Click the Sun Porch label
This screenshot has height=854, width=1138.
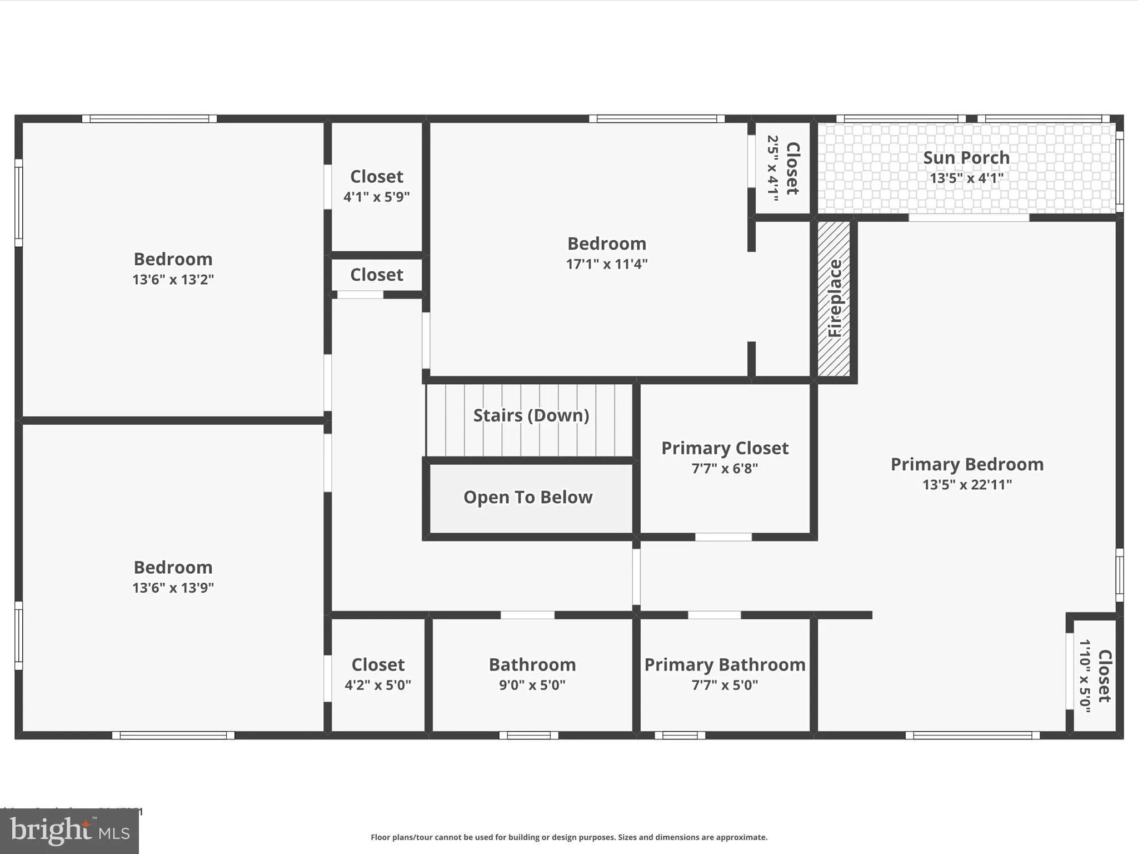(x=966, y=158)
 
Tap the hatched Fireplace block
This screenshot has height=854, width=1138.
(x=834, y=299)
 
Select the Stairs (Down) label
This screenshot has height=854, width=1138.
(x=531, y=415)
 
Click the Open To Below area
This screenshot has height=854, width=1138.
(x=528, y=497)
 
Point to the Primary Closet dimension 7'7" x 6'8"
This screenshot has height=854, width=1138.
(x=725, y=468)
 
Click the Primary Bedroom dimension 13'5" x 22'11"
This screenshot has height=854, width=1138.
(x=967, y=484)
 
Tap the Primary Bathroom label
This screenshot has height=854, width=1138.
(x=725, y=664)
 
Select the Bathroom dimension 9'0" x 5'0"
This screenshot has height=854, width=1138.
(x=532, y=685)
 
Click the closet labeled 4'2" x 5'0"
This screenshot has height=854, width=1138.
(x=378, y=674)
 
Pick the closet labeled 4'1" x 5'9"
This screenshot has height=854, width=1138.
(x=377, y=186)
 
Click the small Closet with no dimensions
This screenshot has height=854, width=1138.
(x=377, y=275)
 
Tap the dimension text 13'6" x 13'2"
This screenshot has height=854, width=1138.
(x=173, y=279)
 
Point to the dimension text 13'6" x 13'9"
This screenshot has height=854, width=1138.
(x=173, y=588)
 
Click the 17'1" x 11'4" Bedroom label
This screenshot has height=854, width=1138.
(x=606, y=244)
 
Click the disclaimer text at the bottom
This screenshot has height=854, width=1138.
(x=569, y=837)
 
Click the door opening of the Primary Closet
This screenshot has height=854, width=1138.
(x=723, y=537)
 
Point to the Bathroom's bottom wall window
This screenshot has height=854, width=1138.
(x=528, y=736)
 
